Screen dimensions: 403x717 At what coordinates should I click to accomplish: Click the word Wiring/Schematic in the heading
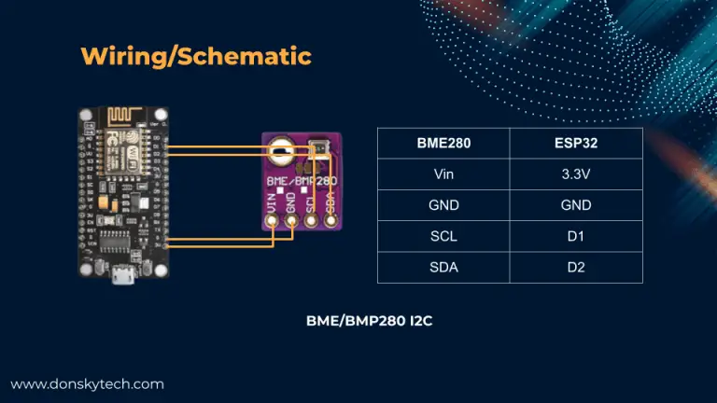click(196, 55)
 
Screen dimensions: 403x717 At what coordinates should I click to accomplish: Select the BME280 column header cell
click(443, 145)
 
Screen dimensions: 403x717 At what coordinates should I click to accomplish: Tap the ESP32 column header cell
click(576, 145)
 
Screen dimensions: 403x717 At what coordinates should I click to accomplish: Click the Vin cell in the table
click(443, 174)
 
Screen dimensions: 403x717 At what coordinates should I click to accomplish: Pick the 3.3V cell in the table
click(576, 174)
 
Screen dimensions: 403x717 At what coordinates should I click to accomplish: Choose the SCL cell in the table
click(443, 237)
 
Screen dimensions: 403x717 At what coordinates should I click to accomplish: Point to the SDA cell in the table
click(443, 268)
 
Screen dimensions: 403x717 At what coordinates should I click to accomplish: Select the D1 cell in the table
click(576, 237)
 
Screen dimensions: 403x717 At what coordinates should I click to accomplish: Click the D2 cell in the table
click(576, 268)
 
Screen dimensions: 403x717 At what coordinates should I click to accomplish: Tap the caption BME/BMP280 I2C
click(369, 320)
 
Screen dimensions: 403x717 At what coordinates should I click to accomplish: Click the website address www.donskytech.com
click(87, 383)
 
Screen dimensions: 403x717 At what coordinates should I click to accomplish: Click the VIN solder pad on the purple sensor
click(272, 220)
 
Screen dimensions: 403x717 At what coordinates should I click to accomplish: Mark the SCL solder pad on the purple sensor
click(311, 220)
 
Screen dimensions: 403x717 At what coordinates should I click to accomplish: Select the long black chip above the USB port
click(122, 241)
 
